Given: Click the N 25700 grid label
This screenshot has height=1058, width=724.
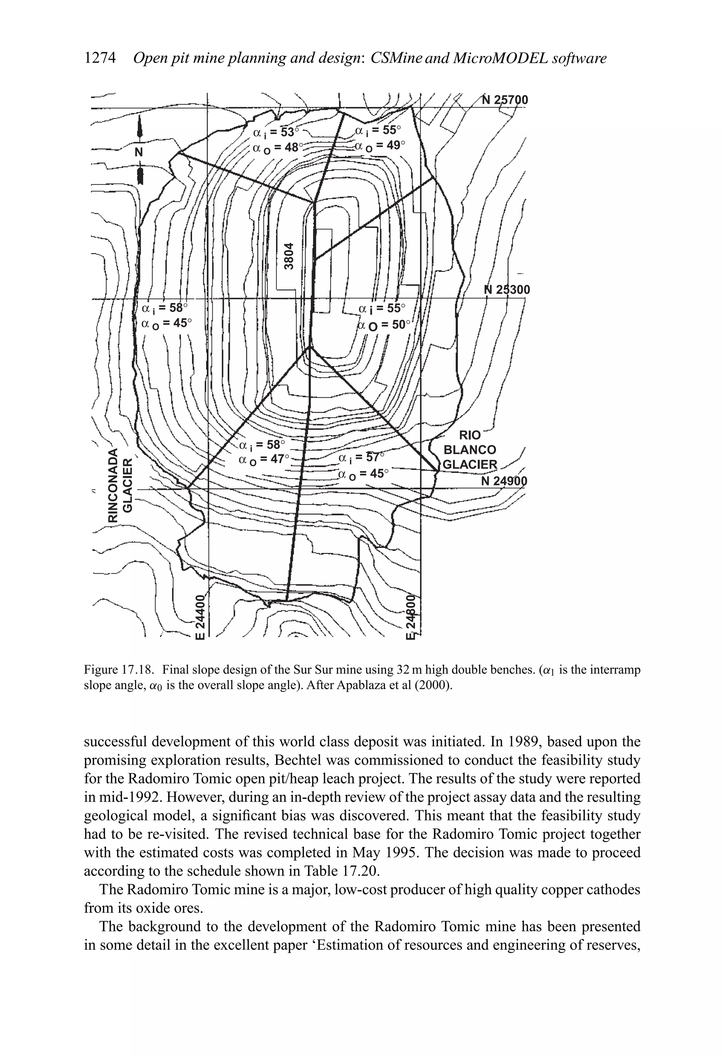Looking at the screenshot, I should (505, 100).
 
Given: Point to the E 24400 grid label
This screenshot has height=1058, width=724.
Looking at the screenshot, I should (199, 617).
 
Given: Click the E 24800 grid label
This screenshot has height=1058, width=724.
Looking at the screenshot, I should (411, 616).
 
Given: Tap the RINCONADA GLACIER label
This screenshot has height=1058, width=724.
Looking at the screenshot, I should (120, 485).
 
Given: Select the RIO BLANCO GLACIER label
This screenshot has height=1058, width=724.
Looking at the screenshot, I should (470, 450).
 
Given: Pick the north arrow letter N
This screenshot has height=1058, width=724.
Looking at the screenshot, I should (139, 152).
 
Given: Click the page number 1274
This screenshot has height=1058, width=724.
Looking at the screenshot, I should (101, 58).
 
